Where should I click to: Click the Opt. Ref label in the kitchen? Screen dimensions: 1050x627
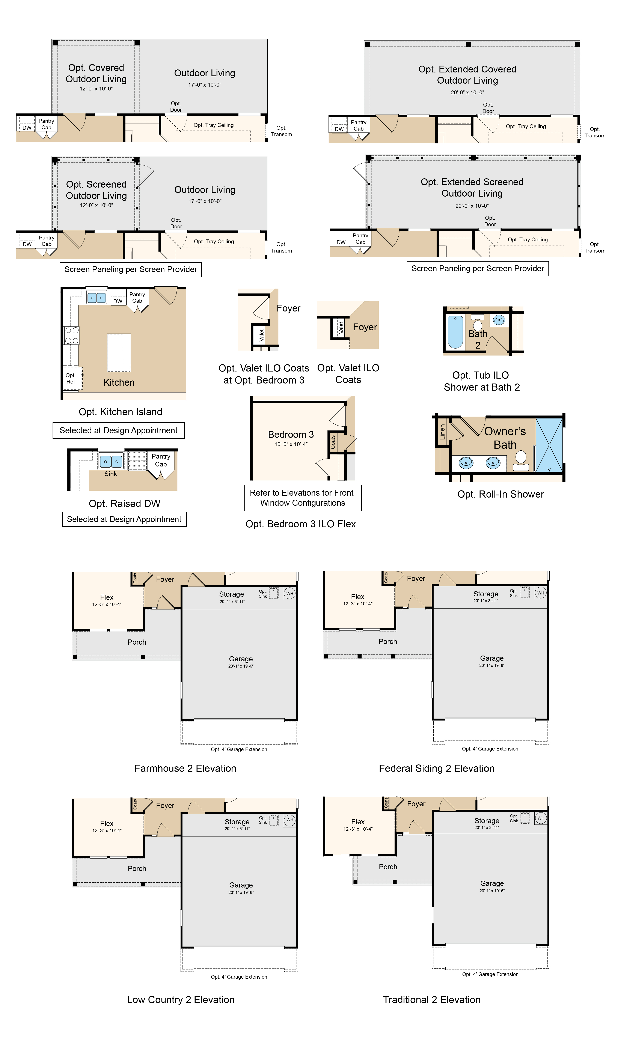pyautogui.click(x=71, y=378)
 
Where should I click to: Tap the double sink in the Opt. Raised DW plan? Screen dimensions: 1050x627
pyautogui.click(x=111, y=462)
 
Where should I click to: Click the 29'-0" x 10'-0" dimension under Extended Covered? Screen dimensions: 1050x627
pyautogui.click(x=467, y=92)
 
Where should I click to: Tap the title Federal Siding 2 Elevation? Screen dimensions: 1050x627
pyautogui.click(x=436, y=768)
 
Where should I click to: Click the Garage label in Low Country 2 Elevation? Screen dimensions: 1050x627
pyautogui.click(x=241, y=885)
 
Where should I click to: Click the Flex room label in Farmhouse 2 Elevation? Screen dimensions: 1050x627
pyautogui.click(x=107, y=597)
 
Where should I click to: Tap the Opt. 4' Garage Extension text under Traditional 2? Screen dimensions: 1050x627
pyautogui.click(x=490, y=974)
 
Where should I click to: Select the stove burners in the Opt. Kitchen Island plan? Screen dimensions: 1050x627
pyautogui.click(x=71, y=335)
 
